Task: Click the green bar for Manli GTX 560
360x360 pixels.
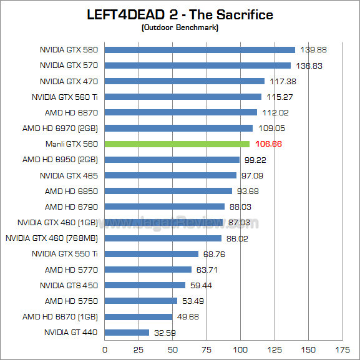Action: point(177,144)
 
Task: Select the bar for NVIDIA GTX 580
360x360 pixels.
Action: point(200,50)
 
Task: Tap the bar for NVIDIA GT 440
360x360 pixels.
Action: point(127,333)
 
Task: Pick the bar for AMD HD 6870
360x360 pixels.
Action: point(180,112)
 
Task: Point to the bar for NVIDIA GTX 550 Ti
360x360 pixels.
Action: point(151,254)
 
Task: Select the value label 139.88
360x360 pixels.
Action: point(314,50)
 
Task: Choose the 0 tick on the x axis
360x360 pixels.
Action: point(104,349)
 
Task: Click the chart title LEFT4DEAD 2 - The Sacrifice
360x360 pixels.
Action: point(180,14)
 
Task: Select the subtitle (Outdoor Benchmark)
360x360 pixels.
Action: point(180,27)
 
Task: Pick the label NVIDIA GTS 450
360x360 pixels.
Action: point(69,285)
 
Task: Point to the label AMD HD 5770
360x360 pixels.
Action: point(71,270)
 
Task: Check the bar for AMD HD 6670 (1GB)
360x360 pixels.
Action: point(138,316)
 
